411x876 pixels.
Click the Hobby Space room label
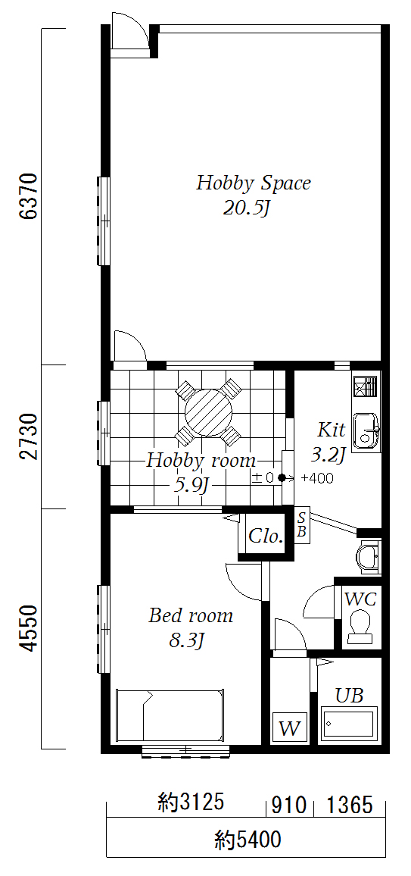(x=253, y=183)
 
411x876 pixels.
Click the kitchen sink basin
(x=366, y=430)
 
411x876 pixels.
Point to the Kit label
(x=332, y=430)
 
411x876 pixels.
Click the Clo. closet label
(x=266, y=537)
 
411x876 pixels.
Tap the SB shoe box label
(x=302, y=524)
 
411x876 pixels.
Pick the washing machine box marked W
(x=290, y=727)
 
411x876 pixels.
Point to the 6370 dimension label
(x=29, y=196)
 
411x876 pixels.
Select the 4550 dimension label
(x=29, y=627)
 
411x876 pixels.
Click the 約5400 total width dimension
(x=248, y=839)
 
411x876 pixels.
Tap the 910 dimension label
(x=289, y=806)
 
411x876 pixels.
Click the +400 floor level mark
(x=317, y=478)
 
